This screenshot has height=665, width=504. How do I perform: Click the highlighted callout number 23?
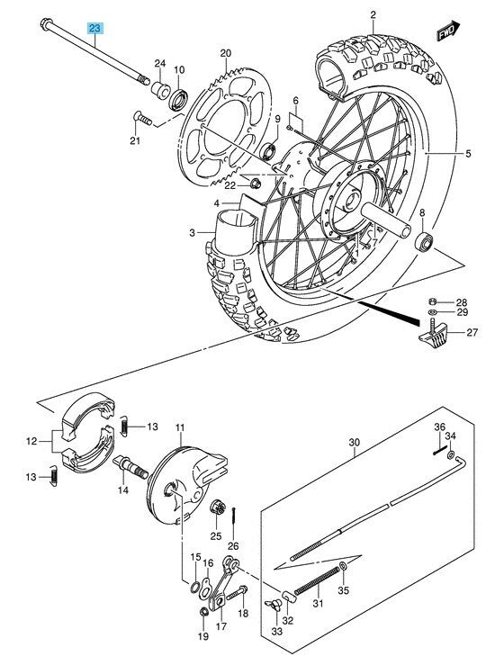point(94,29)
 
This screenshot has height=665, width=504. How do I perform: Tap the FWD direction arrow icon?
point(446,32)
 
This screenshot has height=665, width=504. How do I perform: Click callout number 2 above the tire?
point(373,14)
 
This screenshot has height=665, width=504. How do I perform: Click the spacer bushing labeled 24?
point(159,89)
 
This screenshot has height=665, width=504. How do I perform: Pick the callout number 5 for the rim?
point(467,155)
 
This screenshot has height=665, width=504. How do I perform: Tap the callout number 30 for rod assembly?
point(354,443)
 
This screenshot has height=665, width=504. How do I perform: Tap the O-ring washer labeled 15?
point(195,589)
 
